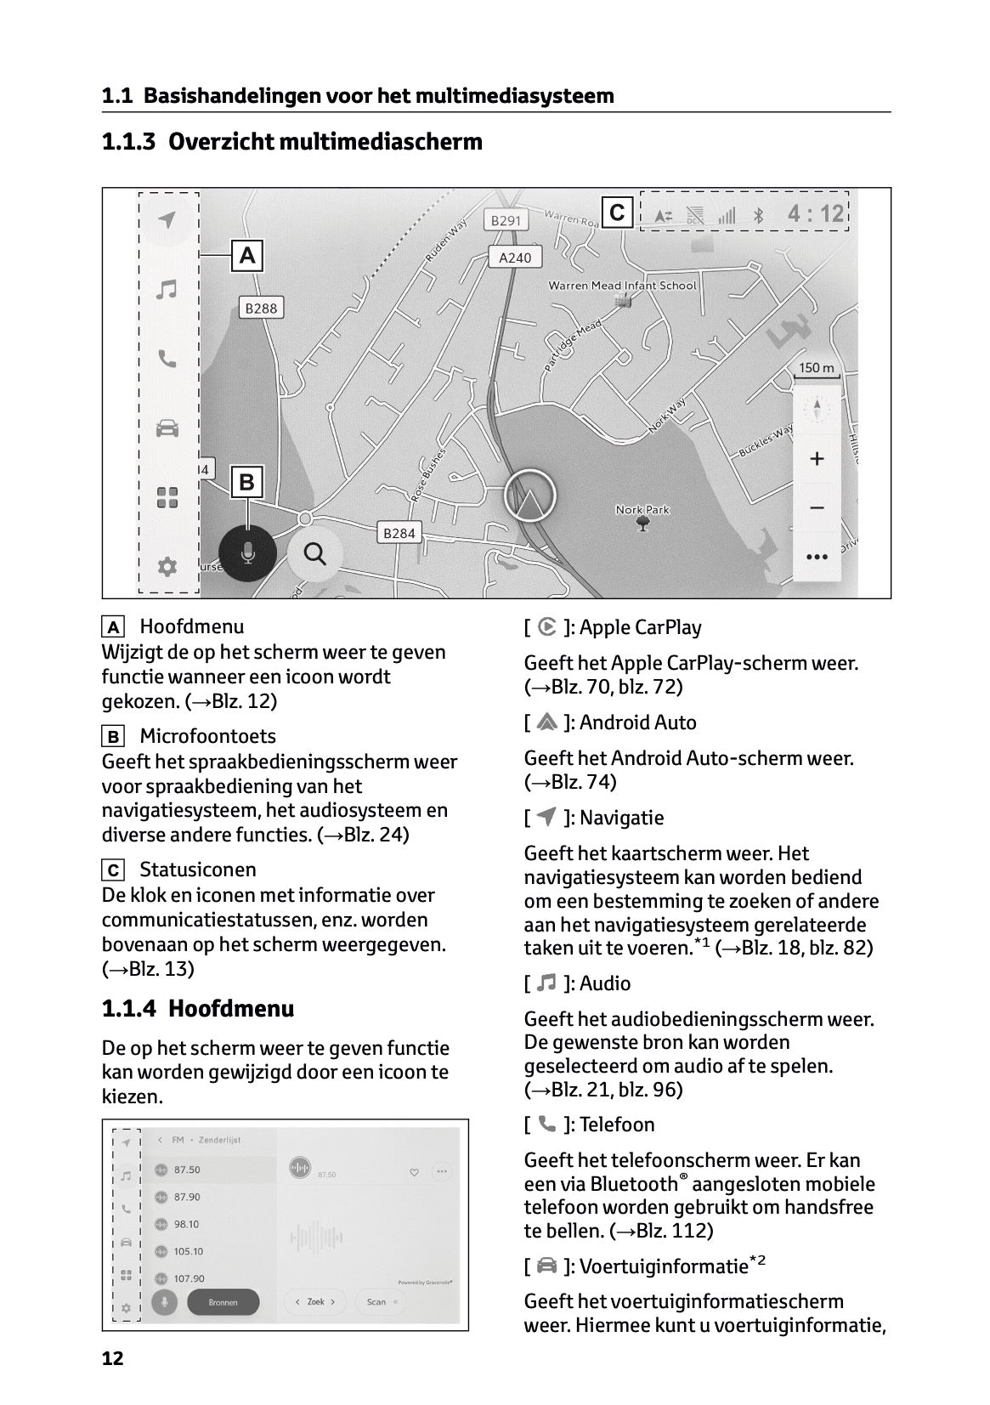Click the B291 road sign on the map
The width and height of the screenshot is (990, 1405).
click(506, 221)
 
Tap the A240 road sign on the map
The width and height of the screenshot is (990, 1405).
click(515, 258)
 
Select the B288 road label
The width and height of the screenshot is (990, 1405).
click(261, 309)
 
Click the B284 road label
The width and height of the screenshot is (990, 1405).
click(399, 533)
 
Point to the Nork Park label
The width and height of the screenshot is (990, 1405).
click(642, 510)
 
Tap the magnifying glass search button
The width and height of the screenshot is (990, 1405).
click(315, 554)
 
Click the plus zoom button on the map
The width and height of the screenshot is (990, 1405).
click(817, 459)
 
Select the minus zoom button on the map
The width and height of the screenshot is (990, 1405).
click(817, 508)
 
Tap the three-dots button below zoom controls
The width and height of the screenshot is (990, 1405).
click(817, 557)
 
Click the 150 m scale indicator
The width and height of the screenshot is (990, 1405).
click(817, 369)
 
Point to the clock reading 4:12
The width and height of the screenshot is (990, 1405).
click(815, 213)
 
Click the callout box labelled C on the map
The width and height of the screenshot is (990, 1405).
click(618, 212)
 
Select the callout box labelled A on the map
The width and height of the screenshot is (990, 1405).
click(247, 255)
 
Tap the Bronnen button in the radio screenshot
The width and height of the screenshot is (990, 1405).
click(223, 1302)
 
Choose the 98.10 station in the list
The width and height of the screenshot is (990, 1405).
click(187, 1224)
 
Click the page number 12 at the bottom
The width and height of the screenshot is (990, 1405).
click(112, 1358)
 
